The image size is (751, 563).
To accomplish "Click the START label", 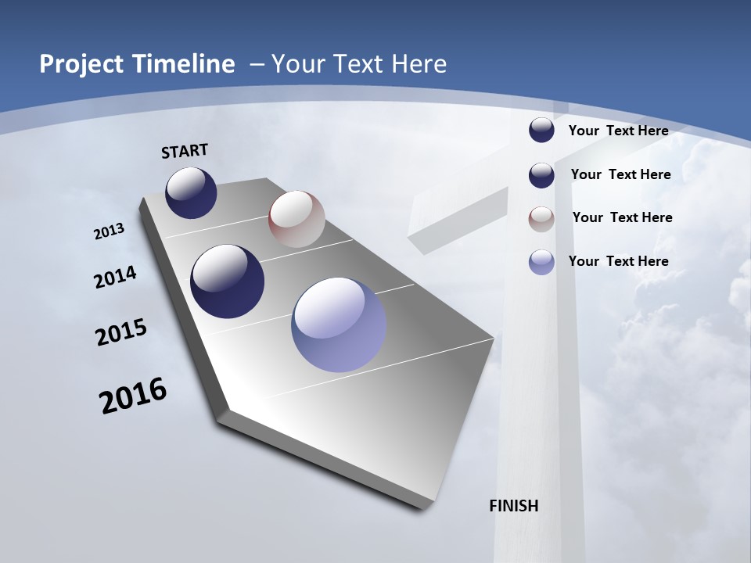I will [185, 151].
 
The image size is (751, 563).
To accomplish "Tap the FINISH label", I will [514, 506].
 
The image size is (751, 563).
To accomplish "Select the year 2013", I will [110, 231].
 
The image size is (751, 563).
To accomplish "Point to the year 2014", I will [115, 278].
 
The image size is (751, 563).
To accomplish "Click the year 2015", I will [121, 332].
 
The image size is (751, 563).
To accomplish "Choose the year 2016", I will [133, 396].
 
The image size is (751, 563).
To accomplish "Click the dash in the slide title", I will [257, 64].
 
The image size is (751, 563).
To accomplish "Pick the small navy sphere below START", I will [191, 192].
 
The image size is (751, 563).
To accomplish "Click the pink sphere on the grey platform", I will [296, 219].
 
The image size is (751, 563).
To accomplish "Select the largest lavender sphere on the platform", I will [339, 325].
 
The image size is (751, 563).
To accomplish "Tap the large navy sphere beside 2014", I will [227, 281].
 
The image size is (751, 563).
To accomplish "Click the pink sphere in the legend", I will [541, 218].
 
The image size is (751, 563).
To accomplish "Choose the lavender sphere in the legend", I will [541, 262].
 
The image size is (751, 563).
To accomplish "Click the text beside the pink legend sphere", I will [622, 217].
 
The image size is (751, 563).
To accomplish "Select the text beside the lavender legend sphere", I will [618, 261].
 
